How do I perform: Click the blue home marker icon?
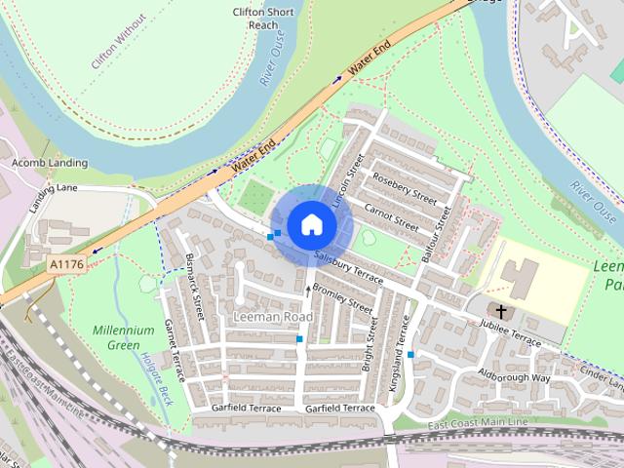pos(311,224)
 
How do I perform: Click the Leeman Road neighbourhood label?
pos(274,318)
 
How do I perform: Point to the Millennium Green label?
pos(123,337)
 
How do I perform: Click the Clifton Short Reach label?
pos(263,19)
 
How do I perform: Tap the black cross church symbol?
pos(501,311)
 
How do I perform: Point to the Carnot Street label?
pos(391,214)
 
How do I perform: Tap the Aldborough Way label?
pos(514,377)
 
